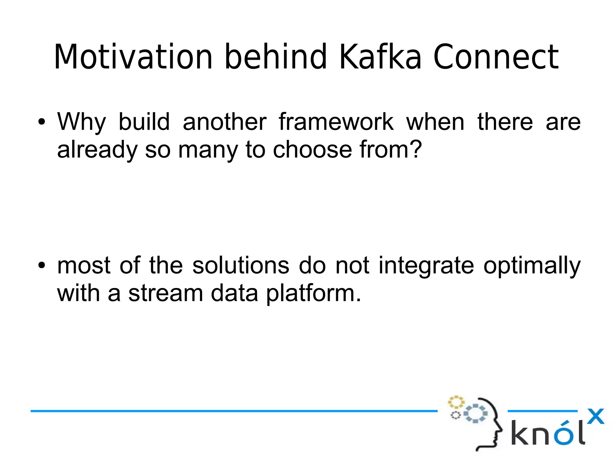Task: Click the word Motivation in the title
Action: (x=133, y=57)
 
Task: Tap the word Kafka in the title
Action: (x=380, y=57)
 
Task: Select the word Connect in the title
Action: (x=496, y=57)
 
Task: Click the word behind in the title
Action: (x=275, y=57)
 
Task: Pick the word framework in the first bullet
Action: (x=336, y=122)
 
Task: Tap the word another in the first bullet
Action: (x=224, y=122)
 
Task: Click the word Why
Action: (x=81, y=122)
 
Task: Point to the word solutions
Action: (x=241, y=265)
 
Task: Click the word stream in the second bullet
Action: (x=166, y=293)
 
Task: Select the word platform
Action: (x=313, y=293)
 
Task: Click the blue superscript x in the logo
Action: (x=595, y=416)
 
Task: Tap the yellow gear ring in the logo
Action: (x=456, y=402)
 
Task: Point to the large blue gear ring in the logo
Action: (x=475, y=414)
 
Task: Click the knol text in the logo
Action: (x=548, y=433)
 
